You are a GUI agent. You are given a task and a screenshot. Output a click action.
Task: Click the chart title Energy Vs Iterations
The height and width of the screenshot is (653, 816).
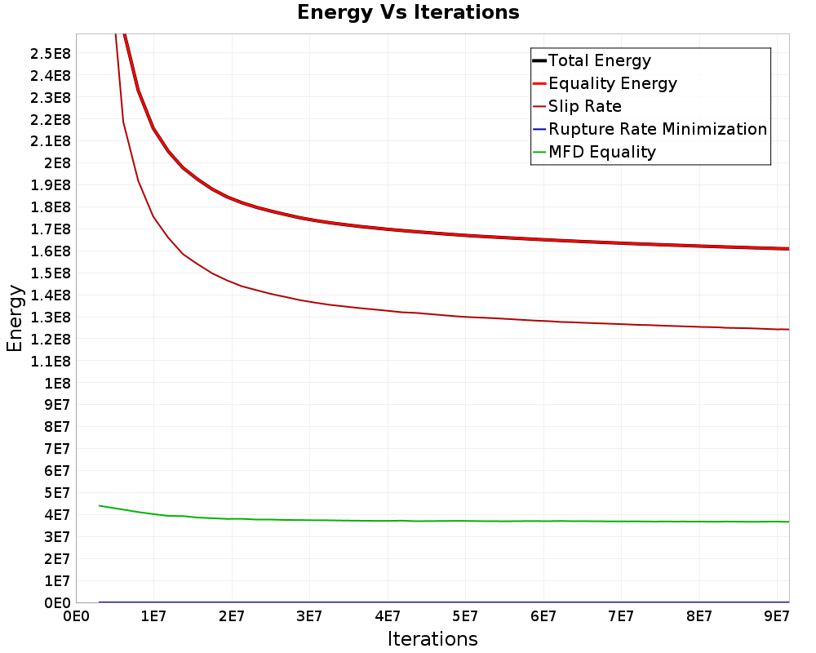(x=408, y=13)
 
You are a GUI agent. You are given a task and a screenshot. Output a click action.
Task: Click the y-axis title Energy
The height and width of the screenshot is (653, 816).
(x=14, y=318)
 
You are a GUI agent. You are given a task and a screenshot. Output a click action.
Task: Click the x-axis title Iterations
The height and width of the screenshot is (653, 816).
(x=432, y=638)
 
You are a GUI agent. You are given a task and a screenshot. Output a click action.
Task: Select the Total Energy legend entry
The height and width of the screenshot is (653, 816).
(x=599, y=60)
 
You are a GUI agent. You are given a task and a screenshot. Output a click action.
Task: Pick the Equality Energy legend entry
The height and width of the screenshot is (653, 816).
(x=612, y=83)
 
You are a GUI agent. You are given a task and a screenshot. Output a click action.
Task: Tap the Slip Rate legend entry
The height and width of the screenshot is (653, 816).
(x=584, y=106)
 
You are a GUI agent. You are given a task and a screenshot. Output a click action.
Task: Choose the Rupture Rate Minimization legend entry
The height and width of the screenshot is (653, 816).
(x=657, y=129)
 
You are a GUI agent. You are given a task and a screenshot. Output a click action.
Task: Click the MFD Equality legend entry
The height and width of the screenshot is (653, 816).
(x=601, y=152)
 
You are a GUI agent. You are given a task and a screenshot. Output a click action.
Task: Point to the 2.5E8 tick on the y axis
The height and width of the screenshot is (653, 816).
(x=51, y=54)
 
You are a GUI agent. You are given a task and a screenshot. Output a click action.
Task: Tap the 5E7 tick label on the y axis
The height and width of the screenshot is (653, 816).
(x=56, y=493)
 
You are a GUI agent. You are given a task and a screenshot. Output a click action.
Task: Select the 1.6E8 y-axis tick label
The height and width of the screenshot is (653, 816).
(x=51, y=251)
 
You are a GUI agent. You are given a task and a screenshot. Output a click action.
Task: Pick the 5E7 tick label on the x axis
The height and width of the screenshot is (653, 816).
(x=465, y=615)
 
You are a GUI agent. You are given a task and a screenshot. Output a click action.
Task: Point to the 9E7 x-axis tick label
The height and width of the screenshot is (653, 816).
(x=776, y=615)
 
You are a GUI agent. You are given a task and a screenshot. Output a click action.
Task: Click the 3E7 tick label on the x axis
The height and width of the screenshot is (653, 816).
(x=309, y=615)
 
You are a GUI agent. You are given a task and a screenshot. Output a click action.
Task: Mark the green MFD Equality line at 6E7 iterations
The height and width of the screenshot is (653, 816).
(x=543, y=521)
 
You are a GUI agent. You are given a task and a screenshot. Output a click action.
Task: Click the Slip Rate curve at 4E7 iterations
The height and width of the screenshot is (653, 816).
(x=388, y=311)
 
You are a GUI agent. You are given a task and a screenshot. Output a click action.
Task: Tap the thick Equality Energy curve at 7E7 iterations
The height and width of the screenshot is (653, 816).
(x=621, y=243)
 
